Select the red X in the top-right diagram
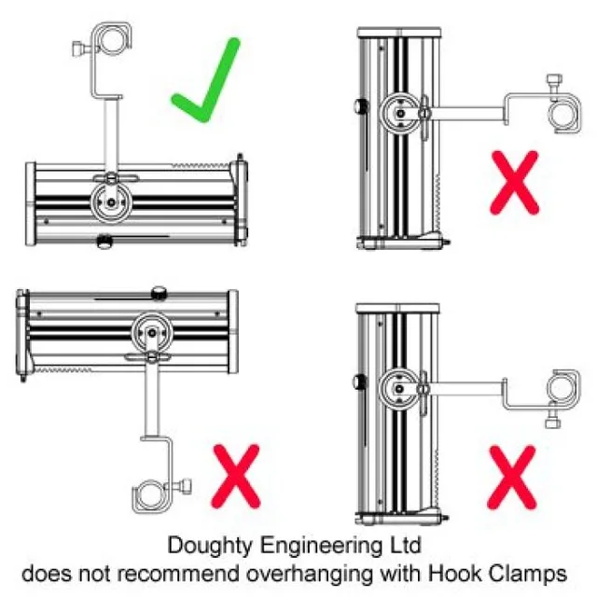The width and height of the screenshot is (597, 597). [514, 183]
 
